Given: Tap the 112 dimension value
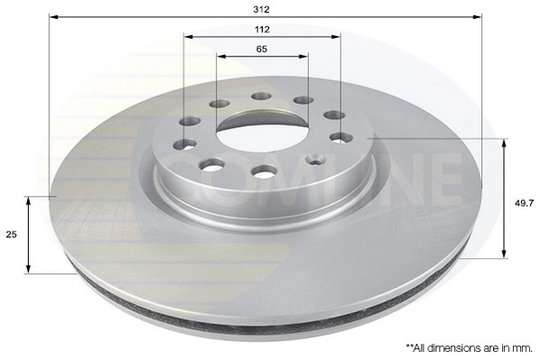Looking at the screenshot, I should coord(262,28).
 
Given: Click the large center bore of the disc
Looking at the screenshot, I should coord(260,136).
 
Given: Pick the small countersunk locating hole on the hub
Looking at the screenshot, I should coord(315,160).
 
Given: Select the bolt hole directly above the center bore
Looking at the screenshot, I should coord(261,96).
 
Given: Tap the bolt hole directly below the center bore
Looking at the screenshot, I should coord(264,171).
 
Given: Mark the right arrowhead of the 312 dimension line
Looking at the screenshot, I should coord(479,16).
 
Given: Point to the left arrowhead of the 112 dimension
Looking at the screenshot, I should coord(187,37).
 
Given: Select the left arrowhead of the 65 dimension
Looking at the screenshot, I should coord(220,56).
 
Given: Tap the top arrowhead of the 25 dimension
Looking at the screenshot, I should coord(30,200).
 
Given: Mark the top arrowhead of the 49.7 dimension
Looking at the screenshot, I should coord(503,143).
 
